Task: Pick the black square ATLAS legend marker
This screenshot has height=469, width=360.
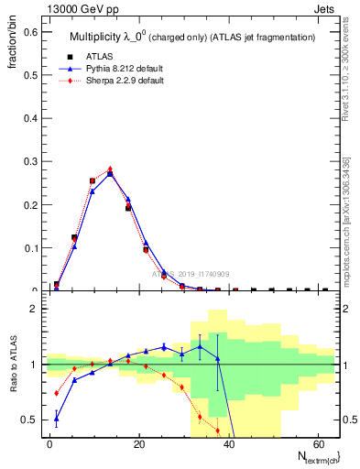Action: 57,57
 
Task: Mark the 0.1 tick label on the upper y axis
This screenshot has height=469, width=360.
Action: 28,247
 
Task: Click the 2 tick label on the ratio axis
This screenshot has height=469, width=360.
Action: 31,309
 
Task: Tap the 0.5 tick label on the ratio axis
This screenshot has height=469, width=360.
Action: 27,420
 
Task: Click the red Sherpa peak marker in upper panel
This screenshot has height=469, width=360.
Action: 110,169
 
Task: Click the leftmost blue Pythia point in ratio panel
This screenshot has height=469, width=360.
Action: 57,420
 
